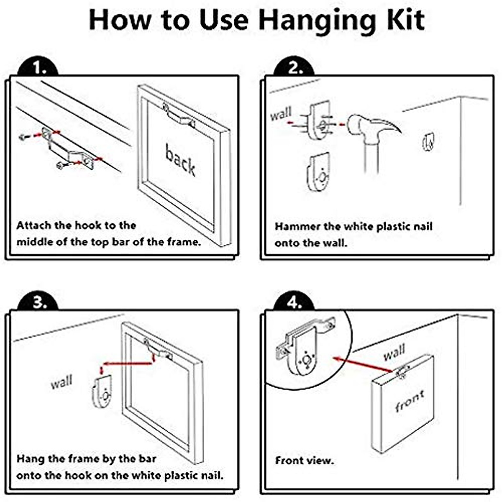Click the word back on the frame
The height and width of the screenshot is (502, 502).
coord(180,159)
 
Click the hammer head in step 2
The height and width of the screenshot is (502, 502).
coord(373,125)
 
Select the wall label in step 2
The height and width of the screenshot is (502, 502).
coord(281,114)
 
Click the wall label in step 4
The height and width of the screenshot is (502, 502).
coord(394,352)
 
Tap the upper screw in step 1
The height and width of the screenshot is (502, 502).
coord(23,136)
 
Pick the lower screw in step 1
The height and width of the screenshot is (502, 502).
coord(60,165)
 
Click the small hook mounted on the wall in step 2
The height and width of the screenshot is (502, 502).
coord(428,142)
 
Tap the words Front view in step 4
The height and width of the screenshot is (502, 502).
coord(304,461)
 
